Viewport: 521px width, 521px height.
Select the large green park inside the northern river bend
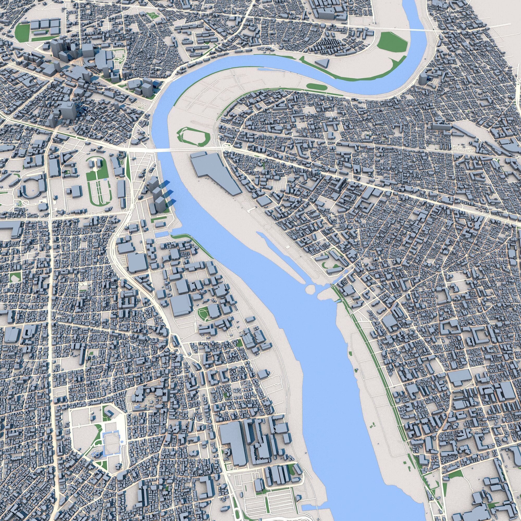click(392, 43)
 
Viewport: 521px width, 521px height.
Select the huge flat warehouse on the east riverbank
click(216, 173)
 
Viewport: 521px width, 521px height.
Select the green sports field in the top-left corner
click(23, 31)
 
